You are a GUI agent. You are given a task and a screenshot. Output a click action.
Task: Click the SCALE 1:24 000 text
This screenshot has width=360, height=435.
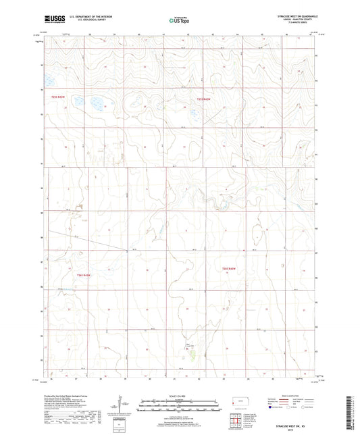pos(180,396)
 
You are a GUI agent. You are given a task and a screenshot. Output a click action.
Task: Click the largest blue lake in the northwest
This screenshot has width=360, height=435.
pos(95,104)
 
